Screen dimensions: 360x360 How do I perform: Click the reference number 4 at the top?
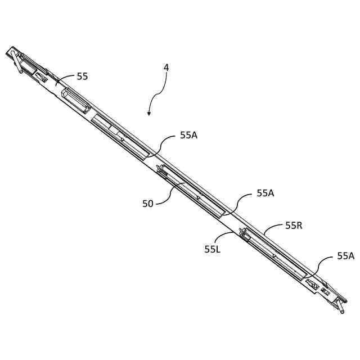[x=166, y=67]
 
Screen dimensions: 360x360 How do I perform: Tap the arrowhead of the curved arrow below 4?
[x=149, y=114]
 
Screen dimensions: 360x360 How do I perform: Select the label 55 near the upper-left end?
[x=82, y=76]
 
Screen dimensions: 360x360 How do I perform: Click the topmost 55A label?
[x=189, y=135]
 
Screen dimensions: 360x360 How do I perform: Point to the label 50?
[x=147, y=204]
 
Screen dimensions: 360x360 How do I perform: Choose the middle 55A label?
[x=265, y=193]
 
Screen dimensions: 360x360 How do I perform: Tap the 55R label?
[x=294, y=226]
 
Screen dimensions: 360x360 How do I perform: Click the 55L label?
[x=212, y=249]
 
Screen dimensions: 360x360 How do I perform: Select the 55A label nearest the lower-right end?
[x=345, y=256]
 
